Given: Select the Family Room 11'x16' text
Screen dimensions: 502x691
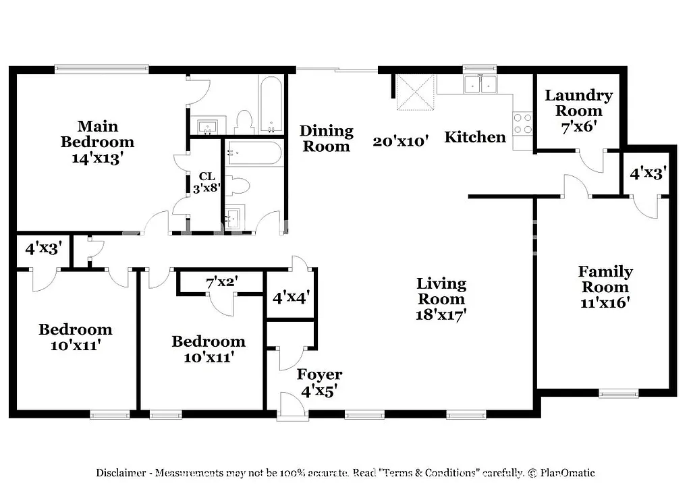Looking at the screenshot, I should click(605, 287).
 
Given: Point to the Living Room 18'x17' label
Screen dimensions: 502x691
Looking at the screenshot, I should click(441, 298).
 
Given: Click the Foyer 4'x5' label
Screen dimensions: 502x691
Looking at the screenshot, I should click(319, 382).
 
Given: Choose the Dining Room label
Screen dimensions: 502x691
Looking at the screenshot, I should click(327, 138).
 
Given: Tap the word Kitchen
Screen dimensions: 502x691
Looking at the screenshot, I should click(475, 137).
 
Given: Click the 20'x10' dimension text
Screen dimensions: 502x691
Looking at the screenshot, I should click(402, 141).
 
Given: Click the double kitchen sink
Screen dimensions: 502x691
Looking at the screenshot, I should click(480, 84).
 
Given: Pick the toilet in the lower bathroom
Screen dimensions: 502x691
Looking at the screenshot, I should click(240, 186).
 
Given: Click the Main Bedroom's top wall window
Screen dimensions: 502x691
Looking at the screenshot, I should click(101, 68).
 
